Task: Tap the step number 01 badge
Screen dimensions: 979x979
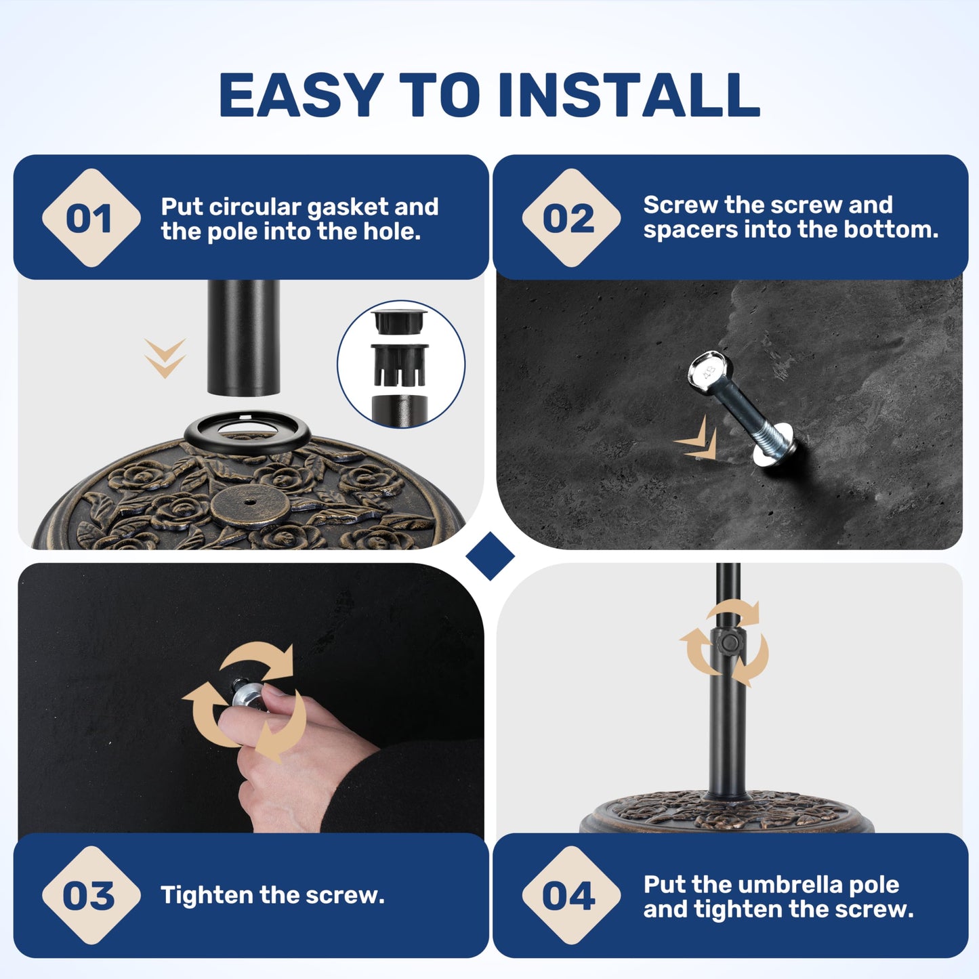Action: [x=91, y=218]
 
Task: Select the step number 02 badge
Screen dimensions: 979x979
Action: [x=571, y=218]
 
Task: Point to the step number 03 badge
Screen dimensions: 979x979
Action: [x=91, y=895]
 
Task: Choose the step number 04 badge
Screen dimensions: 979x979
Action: [x=571, y=895]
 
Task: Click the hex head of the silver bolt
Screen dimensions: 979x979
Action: [x=710, y=371]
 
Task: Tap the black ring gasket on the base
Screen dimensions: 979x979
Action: [x=247, y=432]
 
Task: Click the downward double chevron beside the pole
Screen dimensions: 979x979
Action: [x=165, y=358]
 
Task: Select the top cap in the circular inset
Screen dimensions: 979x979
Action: [x=399, y=320]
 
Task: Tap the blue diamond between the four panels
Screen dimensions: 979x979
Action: [x=490, y=556]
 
